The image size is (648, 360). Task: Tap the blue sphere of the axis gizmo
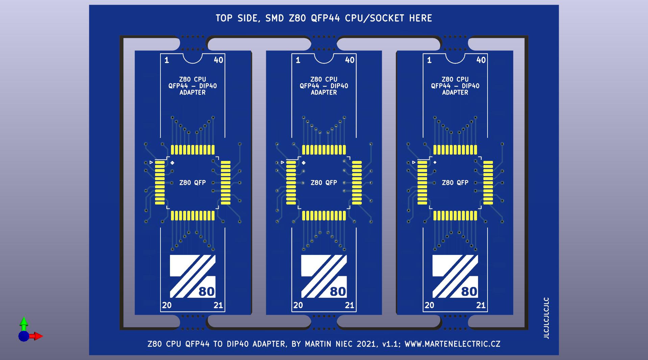(x=24, y=336)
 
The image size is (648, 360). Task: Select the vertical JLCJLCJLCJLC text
(x=546, y=318)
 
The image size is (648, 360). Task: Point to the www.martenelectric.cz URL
(x=452, y=344)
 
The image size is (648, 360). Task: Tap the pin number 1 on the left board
(x=167, y=60)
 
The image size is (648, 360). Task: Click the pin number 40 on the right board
(x=481, y=60)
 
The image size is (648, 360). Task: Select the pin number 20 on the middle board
(x=298, y=305)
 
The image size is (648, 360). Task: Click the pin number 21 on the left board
(x=218, y=305)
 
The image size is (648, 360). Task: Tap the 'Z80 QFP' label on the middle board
(x=324, y=183)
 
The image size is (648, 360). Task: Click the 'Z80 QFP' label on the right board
(x=455, y=183)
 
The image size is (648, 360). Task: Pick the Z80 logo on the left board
(x=192, y=277)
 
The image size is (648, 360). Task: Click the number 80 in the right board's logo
(x=469, y=291)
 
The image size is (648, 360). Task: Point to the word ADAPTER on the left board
(x=193, y=92)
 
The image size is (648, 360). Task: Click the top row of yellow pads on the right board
(x=455, y=149)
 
